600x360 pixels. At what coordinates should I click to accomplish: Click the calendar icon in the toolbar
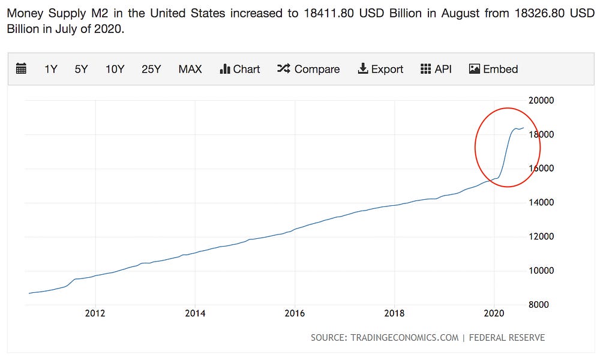pyautogui.click(x=21, y=69)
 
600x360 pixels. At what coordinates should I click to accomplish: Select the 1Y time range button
pyautogui.click(x=51, y=69)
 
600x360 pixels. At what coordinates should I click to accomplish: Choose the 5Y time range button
pyautogui.click(x=81, y=69)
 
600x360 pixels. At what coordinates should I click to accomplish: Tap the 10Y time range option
pyautogui.click(x=115, y=69)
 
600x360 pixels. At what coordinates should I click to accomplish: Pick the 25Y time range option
pyautogui.click(x=151, y=69)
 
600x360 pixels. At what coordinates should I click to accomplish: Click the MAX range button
pyautogui.click(x=190, y=69)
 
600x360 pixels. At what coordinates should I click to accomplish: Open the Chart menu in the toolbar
pyautogui.click(x=240, y=69)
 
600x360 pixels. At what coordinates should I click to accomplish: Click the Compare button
pyautogui.click(x=308, y=69)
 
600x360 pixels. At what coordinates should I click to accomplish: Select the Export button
pyautogui.click(x=380, y=69)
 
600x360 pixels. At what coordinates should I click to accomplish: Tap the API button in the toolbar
pyautogui.click(x=436, y=69)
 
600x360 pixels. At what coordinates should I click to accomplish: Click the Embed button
pyautogui.click(x=493, y=69)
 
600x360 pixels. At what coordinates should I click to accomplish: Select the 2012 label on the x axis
pyautogui.click(x=95, y=313)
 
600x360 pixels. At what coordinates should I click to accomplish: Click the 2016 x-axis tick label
pyautogui.click(x=295, y=313)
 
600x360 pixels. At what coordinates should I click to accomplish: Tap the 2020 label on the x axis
pyautogui.click(x=494, y=313)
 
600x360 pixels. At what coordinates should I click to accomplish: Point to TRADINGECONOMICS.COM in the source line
pyautogui.click(x=403, y=338)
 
